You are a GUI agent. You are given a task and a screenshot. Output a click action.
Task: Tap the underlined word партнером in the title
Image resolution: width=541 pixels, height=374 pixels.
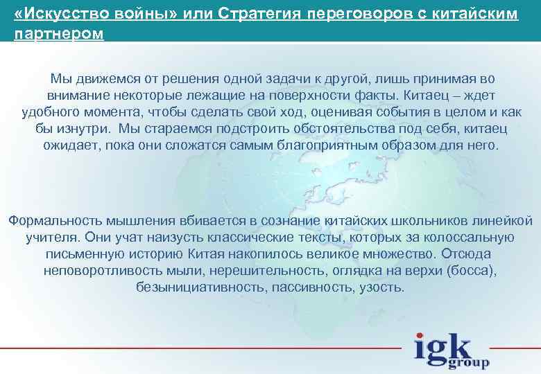[58, 33]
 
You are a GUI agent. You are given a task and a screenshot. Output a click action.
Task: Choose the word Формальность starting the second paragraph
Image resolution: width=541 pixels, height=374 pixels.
[54, 221]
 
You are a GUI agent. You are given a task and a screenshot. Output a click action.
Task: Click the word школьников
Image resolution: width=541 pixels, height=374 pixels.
[420, 221]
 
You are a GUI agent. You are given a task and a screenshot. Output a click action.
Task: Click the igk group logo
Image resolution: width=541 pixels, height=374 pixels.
[451, 350]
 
